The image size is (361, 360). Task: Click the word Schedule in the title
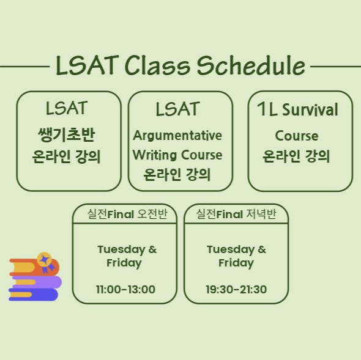tap(251, 65)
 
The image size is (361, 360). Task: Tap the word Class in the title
tap(157, 65)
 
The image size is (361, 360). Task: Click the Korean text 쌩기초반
tap(66, 134)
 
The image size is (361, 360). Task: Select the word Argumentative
tap(177, 136)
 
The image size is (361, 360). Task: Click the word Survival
tap(310, 110)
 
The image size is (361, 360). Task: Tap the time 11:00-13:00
tap(125, 289)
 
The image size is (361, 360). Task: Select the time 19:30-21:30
tap(236, 289)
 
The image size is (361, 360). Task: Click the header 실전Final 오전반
tap(127, 214)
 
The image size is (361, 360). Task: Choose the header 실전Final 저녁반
tap(236, 214)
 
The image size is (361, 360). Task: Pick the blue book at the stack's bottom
tap(33, 295)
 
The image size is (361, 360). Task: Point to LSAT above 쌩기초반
tap(67, 108)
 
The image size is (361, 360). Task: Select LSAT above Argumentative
tap(177, 109)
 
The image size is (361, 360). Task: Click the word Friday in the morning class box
tap(124, 263)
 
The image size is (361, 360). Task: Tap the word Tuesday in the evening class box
tap(231, 250)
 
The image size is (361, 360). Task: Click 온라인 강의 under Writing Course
tap(177, 175)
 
